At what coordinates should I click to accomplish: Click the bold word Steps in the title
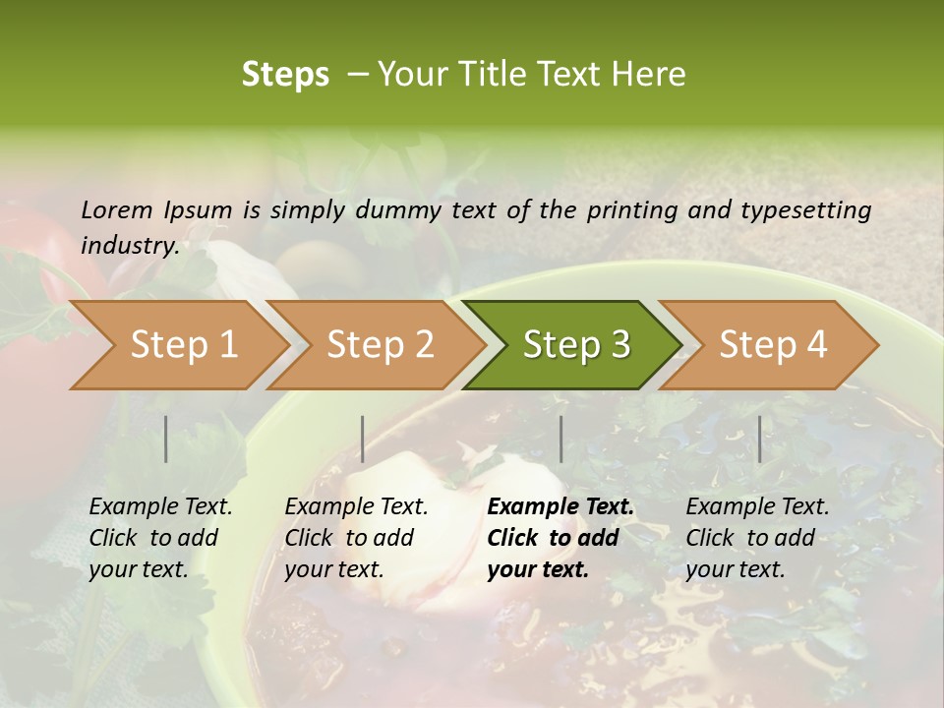click(285, 75)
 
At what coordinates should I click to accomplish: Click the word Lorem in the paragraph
click(117, 209)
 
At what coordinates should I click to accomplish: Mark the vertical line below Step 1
click(166, 439)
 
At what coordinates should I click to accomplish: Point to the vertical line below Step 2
click(363, 439)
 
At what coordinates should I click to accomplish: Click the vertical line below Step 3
click(560, 439)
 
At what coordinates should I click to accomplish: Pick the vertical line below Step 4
click(759, 439)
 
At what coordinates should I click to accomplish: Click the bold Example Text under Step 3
click(560, 506)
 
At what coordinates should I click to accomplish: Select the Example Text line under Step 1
click(160, 506)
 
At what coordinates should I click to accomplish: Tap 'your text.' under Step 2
click(334, 569)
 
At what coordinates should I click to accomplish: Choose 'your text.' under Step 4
click(736, 569)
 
